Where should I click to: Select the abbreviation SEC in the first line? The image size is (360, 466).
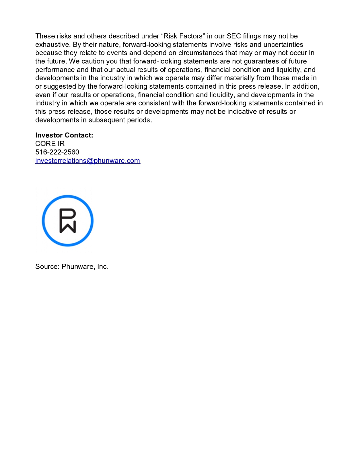234,36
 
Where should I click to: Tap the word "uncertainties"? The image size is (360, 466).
283,45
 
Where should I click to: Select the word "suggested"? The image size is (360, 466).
60,86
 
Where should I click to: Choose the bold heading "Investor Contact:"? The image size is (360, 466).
64,135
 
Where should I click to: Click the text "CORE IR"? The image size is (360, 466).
50,144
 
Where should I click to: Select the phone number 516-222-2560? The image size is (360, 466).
57,152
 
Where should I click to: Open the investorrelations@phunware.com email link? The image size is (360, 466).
88,161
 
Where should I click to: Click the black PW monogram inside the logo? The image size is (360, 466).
68,221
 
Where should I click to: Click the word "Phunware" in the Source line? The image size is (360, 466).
78,266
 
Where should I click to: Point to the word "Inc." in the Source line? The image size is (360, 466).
103,266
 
